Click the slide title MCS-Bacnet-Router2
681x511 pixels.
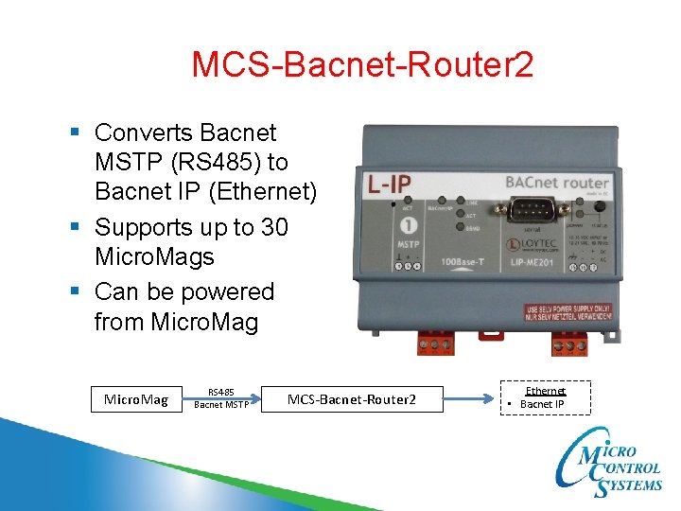pyautogui.click(x=362, y=65)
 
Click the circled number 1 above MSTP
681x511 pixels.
pyautogui.click(x=410, y=225)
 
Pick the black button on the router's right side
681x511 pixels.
pyautogui.click(x=599, y=209)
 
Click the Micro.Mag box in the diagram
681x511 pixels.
pyautogui.click(x=136, y=399)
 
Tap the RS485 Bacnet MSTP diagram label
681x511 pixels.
pyautogui.click(x=221, y=398)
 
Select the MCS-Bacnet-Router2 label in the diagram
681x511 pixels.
pyautogui.click(x=351, y=399)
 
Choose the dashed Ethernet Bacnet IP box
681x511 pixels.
pyautogui.click(x=544, y=397)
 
